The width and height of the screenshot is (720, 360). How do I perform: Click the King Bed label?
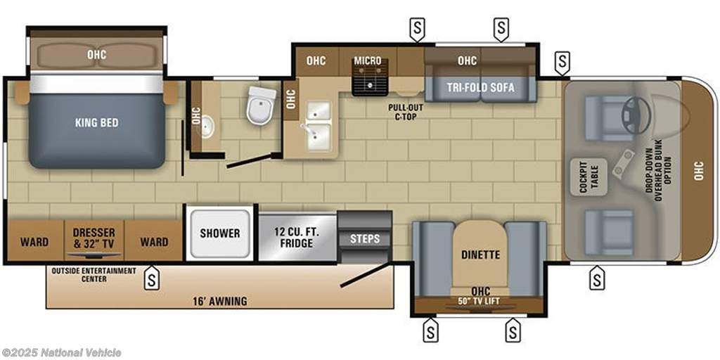(97, 122)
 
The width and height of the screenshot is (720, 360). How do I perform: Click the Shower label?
(219, 233)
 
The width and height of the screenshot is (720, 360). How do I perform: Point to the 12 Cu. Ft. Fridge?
(297, 238)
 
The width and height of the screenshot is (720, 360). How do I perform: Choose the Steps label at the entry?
(365, 239)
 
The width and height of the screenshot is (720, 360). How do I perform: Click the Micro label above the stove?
(367, 60)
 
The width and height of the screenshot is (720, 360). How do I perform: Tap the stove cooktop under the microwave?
(370, 77)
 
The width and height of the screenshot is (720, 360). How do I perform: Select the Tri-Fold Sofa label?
(480, 87)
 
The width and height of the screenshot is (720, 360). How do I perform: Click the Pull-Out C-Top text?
(406, 112)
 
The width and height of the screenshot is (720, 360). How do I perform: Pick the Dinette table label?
(480, 255)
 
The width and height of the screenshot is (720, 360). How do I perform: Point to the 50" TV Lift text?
(480, 301)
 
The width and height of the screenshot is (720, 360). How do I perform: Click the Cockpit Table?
(589, 176)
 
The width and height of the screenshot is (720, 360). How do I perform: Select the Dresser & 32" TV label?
(94, 238)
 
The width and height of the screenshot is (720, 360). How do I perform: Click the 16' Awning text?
(219, 301)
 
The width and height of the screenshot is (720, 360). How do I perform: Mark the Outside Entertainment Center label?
(94, 275)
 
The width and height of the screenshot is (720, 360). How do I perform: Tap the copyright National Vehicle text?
(61, 353)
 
